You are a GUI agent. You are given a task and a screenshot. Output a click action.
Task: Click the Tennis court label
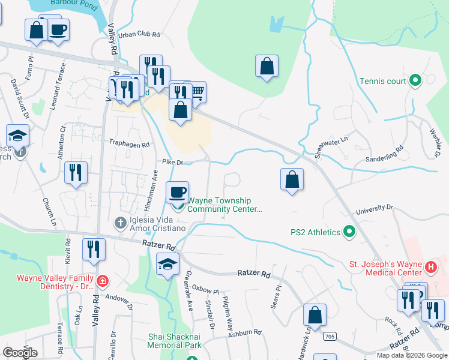(383, 81)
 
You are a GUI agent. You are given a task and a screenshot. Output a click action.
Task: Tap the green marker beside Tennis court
(415, 80)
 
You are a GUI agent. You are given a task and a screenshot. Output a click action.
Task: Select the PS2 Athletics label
(315, 232)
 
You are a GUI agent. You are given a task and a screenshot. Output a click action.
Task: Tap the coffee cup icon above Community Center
(177, 192)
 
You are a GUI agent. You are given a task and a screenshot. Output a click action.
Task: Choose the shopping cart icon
(196, 92)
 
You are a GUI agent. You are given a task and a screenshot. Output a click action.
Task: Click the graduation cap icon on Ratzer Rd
(167, 264)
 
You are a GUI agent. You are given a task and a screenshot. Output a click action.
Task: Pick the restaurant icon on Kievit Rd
(94, 248)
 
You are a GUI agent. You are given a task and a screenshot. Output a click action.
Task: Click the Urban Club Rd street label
(139, 35)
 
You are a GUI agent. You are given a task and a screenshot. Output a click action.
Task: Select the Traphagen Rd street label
(128, 145)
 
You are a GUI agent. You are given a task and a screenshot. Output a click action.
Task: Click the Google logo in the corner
(20, 352)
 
